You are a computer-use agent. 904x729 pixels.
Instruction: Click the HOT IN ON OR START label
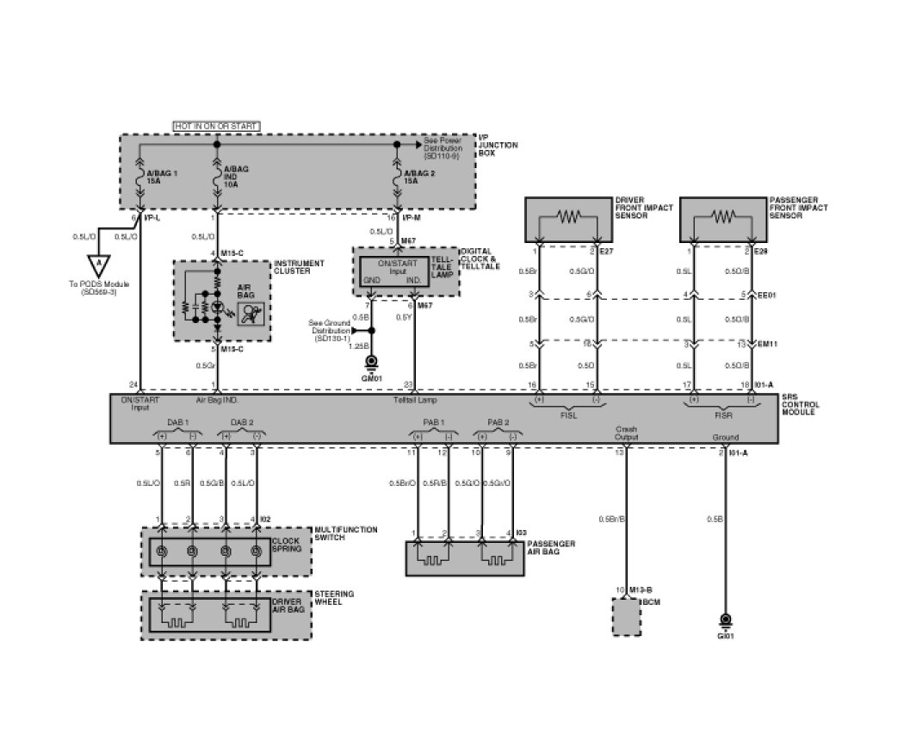(x=216, y=126)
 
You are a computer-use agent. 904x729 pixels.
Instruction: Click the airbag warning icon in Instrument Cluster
(x=250, y=315)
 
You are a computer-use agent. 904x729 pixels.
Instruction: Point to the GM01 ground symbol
(x=372, y=363)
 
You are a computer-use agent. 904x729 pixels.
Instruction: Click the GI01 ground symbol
(x=725, y=623)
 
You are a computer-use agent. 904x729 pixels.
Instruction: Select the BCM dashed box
(x=626, y=617)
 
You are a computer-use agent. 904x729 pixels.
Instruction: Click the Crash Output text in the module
(x=626, y=433)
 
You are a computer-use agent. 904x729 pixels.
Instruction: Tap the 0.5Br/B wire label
(x=611, y=519)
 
